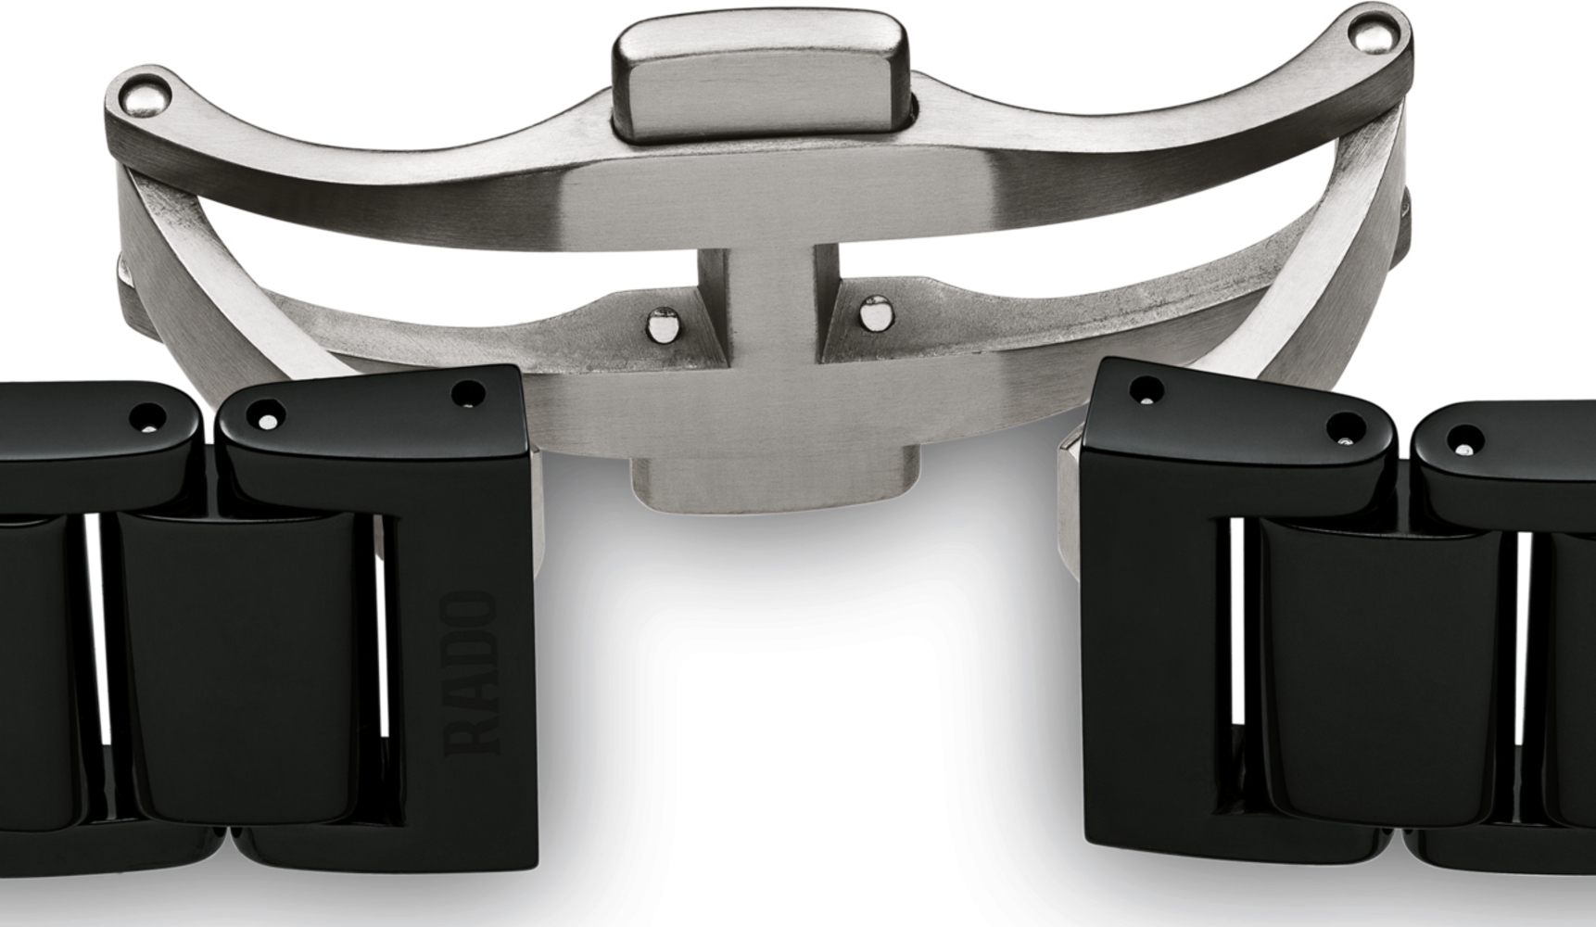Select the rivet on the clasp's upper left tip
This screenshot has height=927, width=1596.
pos(148,94)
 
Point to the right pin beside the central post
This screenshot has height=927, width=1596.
pos(871,315)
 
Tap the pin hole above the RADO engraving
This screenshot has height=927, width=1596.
pos(469,394)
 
